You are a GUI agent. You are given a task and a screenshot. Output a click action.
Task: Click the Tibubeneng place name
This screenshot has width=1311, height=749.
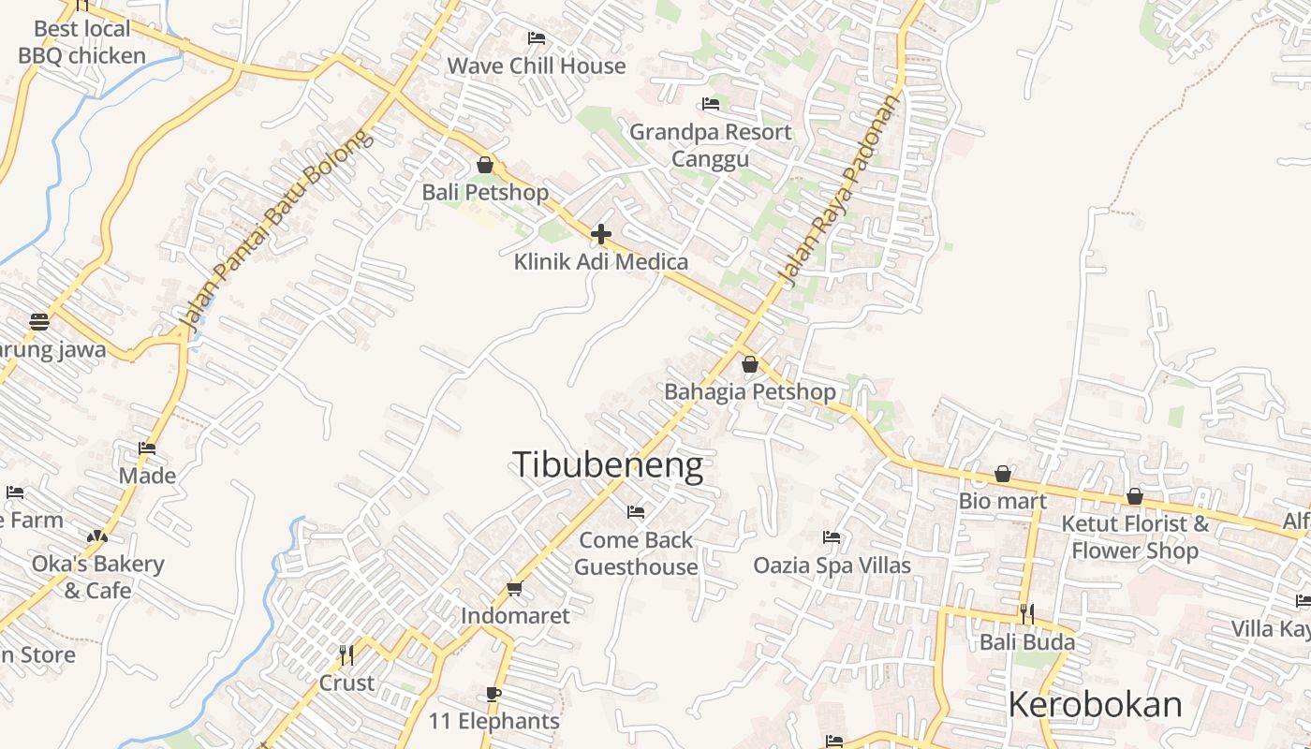coord(608,465)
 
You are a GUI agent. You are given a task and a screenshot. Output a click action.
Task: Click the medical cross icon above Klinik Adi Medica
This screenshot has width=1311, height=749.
coord(601,234)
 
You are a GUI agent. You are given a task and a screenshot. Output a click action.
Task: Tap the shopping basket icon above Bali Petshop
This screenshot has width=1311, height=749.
coord(485,166)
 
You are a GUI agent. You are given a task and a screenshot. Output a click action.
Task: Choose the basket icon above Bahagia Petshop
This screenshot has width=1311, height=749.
coord(750,364)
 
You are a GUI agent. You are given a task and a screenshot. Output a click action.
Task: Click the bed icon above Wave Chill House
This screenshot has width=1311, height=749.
coord(537,38)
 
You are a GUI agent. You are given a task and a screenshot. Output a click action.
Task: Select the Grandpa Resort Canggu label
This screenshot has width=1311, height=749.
coord(710,145)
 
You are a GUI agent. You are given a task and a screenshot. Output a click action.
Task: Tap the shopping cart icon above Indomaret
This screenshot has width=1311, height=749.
coord(514,588)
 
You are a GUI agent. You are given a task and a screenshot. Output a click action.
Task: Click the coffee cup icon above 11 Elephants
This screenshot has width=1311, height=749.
coord(493,694)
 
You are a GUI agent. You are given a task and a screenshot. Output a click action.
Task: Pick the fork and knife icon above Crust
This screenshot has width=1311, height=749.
coord(346,654)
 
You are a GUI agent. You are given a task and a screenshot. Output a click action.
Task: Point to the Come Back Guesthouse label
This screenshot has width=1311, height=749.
coord(636,553)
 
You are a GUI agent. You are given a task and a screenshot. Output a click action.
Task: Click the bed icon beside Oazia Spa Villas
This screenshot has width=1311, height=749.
coord(832,537)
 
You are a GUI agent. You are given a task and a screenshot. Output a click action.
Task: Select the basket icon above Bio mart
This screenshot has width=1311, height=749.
coord(1003,474)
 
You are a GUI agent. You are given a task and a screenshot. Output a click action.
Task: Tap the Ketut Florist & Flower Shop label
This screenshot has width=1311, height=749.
coord(1135,536)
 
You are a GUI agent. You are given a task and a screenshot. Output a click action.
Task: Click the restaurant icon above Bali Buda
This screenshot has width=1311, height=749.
coord(1027,614)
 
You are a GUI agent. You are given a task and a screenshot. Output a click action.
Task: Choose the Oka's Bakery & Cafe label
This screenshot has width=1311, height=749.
coord(97,577)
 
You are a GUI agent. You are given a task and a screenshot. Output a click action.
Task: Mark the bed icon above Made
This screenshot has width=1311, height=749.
coord(147,448)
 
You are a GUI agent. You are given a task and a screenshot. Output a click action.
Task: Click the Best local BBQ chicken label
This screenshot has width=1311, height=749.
coord(82,42)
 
